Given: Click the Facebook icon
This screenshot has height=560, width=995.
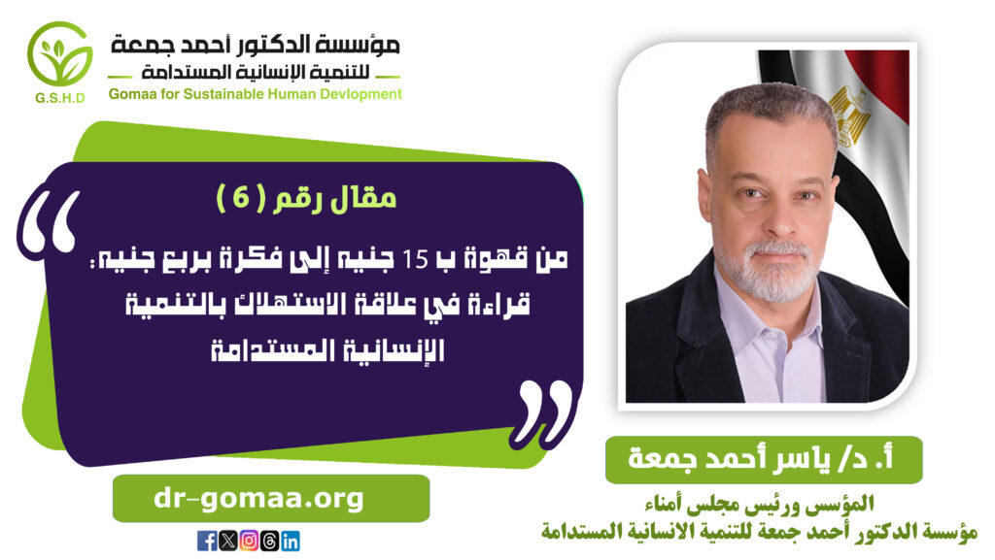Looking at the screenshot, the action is (x=207, y=541).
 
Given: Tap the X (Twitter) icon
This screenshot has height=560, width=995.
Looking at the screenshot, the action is (x=227, y=541).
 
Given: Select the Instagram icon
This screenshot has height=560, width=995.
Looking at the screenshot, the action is (x=249, y=541).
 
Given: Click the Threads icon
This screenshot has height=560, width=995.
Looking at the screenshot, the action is (x=269, y=541).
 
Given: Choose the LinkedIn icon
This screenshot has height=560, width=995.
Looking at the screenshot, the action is (x=290, y=541).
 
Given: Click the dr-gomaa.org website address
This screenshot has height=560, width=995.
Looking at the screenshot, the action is (x=258, y=499).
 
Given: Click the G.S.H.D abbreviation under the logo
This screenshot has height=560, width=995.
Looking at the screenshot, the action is (x=60, y=98).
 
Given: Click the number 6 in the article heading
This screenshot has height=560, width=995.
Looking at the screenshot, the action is (x=241, y=198).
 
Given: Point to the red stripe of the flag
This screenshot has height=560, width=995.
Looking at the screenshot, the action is (x=884, y=82).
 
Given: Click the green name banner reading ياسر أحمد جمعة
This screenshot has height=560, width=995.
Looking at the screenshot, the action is (x=764, y=459).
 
